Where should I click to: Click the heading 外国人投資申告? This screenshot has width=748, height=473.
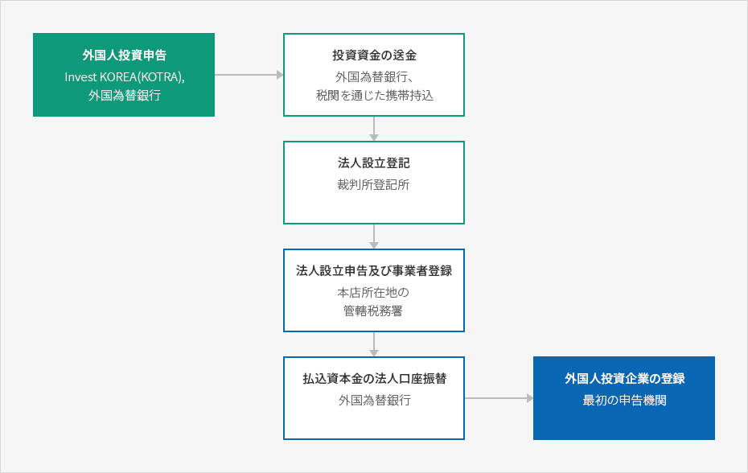pyautogui.click(x=124, y=56)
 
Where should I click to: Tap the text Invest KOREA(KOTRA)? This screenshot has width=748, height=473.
pyautogui.click(x=125, y=77)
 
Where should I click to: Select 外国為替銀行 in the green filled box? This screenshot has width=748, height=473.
pyautogui.click(x=125, y=96)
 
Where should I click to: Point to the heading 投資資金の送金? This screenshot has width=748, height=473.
pyautogui.click(x=374, y=56)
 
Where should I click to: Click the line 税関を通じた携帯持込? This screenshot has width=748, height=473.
pyautogui.click(x=375, y=96)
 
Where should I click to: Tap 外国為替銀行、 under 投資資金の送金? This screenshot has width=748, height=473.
pyautogui.click(x=375, y=77)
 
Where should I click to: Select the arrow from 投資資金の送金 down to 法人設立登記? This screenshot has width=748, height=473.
pyautogui.click(x=374, y=129)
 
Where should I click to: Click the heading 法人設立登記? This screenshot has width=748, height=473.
pyautogui.click(x=374, y=163)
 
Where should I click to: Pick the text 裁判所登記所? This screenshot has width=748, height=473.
pyautogui.click(x=373, y=185)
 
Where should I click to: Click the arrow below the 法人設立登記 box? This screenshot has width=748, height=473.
pyautogui.click(x=374, y=236)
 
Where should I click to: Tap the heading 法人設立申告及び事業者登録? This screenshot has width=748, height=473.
pyautogui.click(x=374, y=271)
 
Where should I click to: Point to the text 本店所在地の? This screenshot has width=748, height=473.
pyautogui.click(x=373, y=292)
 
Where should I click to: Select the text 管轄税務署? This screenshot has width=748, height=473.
pyautogui.click(x=373, y=311)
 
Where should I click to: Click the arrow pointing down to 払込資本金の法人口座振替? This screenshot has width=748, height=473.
pyautogui.click(x=374, y=344)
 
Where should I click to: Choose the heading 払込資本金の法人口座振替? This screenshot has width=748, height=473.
pyautogui.click(x=375, y=379)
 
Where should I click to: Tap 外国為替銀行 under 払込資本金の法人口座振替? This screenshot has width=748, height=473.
pyautogui.click(x=375, y=400)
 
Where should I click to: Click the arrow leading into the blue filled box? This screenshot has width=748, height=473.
pyautogui.click(x=499, y=398)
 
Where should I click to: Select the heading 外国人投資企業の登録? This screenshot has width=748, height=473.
pyautogui.click(x=624, y=379)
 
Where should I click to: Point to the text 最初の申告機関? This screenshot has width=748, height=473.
pyautogui.click(x=624, y=400)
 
